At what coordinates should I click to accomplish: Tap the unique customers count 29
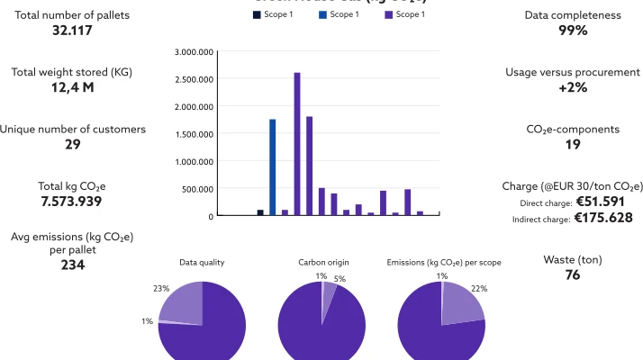(x=73, y=144)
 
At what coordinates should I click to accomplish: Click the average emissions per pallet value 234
(x=73, y=265)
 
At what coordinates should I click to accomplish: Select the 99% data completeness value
(x=573, y=31)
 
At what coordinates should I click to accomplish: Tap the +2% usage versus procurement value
(x=573, y=87)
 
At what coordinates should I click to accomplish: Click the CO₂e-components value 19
(x=573, y=144)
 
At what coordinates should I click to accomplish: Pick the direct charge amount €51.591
(x=604, y=202)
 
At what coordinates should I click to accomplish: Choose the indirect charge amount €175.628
(x=602, y=217)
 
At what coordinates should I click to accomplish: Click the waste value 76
(x=573, y=274)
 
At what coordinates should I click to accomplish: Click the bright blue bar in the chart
(x=272, y=167)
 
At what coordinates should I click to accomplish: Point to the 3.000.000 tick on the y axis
(x=195, y=52)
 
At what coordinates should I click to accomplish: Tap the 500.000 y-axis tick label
(x=198, y=189)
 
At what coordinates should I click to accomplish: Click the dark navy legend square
(x=258, y=14)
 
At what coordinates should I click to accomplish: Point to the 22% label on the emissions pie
(x=479, y=288)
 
